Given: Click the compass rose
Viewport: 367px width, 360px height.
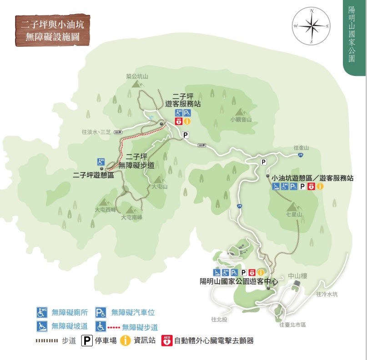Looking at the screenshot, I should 312,26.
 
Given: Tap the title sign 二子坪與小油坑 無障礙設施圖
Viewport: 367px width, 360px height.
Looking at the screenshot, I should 52,30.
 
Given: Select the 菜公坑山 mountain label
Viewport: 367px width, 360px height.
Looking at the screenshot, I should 137,76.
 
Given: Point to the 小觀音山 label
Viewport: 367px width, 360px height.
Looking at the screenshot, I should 241,120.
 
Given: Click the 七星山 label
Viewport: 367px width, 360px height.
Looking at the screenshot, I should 294,214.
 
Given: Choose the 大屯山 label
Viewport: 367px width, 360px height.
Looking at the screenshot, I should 160,186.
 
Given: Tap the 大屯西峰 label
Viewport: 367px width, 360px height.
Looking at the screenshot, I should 106,210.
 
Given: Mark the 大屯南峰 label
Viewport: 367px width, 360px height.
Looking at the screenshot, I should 131,217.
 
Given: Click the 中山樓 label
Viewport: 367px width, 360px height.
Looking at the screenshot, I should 298,276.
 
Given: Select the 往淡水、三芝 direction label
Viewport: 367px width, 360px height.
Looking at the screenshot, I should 96,132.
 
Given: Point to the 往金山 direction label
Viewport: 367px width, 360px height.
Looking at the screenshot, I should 301,148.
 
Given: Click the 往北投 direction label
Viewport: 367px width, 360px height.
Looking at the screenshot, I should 219,319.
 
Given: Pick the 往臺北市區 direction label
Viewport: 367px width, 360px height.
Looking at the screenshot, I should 293,325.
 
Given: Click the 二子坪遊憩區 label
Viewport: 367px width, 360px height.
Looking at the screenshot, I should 93,175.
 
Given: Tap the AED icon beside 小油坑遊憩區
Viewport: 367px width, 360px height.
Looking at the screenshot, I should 312,186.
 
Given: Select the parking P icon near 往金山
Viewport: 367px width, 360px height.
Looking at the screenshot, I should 264,162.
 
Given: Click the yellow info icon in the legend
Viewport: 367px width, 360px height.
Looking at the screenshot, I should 126,340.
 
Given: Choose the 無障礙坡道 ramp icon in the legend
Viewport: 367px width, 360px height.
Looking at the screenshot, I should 42,326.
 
